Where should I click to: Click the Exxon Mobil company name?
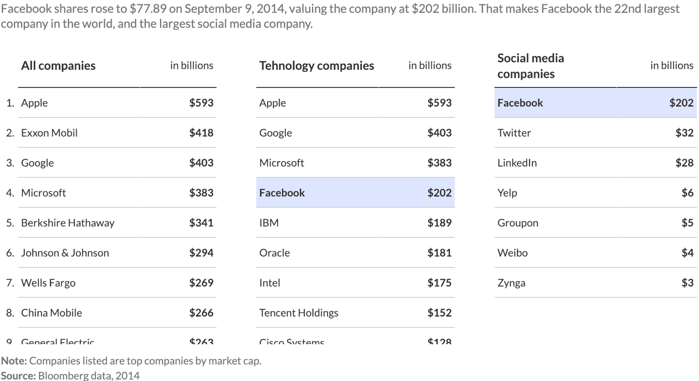point(49,133)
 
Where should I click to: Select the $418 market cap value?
point(201,133)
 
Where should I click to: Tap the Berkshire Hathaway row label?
point(67,223)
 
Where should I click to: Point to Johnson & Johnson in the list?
point(65,253)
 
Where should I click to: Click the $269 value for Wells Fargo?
point(201,283)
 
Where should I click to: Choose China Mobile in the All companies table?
point(51,313)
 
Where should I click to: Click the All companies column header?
point(58,66)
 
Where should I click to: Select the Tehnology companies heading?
point(316,66)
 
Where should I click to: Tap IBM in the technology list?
point(269,223)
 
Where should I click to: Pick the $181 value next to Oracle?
point(439,253)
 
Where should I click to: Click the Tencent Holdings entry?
point(298,313)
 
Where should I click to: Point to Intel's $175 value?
point(439,283)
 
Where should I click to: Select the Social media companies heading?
point(530,66)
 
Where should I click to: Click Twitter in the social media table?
point(514,133)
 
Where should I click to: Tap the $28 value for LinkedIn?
point(684,163)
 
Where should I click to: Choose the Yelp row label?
point(507,193)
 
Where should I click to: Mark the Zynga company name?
point(511,283)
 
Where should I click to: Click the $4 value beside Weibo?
point(687,253)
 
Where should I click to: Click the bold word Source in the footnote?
point(18,375)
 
